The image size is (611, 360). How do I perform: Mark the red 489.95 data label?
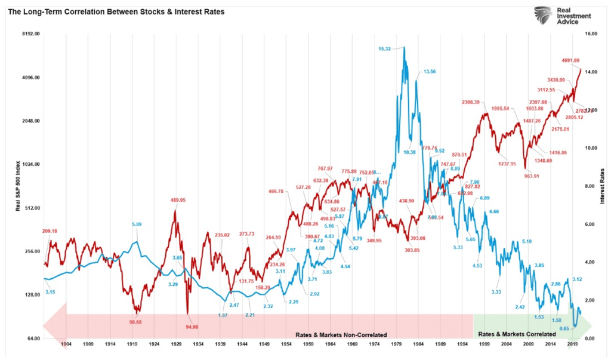[180, 201]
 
